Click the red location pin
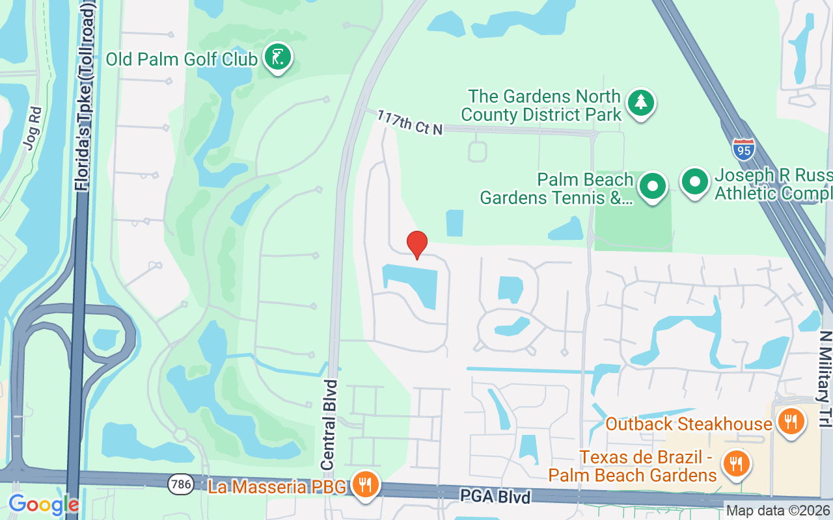coord(417,244)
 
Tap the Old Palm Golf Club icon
coord(278,58)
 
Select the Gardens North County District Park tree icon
coord(641,102)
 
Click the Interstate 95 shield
coord(743,149)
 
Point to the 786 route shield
coord(180,484)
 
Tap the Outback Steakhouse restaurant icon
coord(791,421)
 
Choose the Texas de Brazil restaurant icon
coord(736,463)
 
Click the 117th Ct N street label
coord(410,122)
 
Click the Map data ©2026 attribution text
coord(778,511)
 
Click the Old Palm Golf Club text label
coord(182,59)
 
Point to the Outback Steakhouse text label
coord(689,424)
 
